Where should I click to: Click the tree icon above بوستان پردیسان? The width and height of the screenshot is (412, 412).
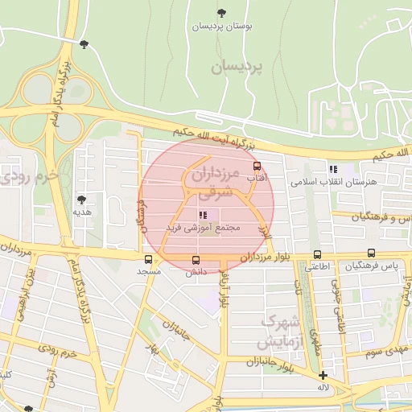pyautogui.click(x=222, y=12)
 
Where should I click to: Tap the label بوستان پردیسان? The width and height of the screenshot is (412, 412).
pyautogui.click(x=222, y=26)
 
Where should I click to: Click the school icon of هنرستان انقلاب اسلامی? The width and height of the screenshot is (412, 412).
pyautogui.click(x=332, y=169)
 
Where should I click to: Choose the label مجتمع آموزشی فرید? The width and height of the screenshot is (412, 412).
pyautogui.click(x=203, y=229)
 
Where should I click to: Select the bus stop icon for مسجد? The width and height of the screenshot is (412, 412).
pyautogui.click(x=148, y=259)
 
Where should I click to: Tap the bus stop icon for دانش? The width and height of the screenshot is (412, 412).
pyautogui.click(x=196, y=259)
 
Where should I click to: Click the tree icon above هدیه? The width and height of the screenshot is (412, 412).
pyautogui.click(x=80, y=199)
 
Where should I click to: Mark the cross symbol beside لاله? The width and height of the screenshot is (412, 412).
pyautogui.click(x=323, y=375)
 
